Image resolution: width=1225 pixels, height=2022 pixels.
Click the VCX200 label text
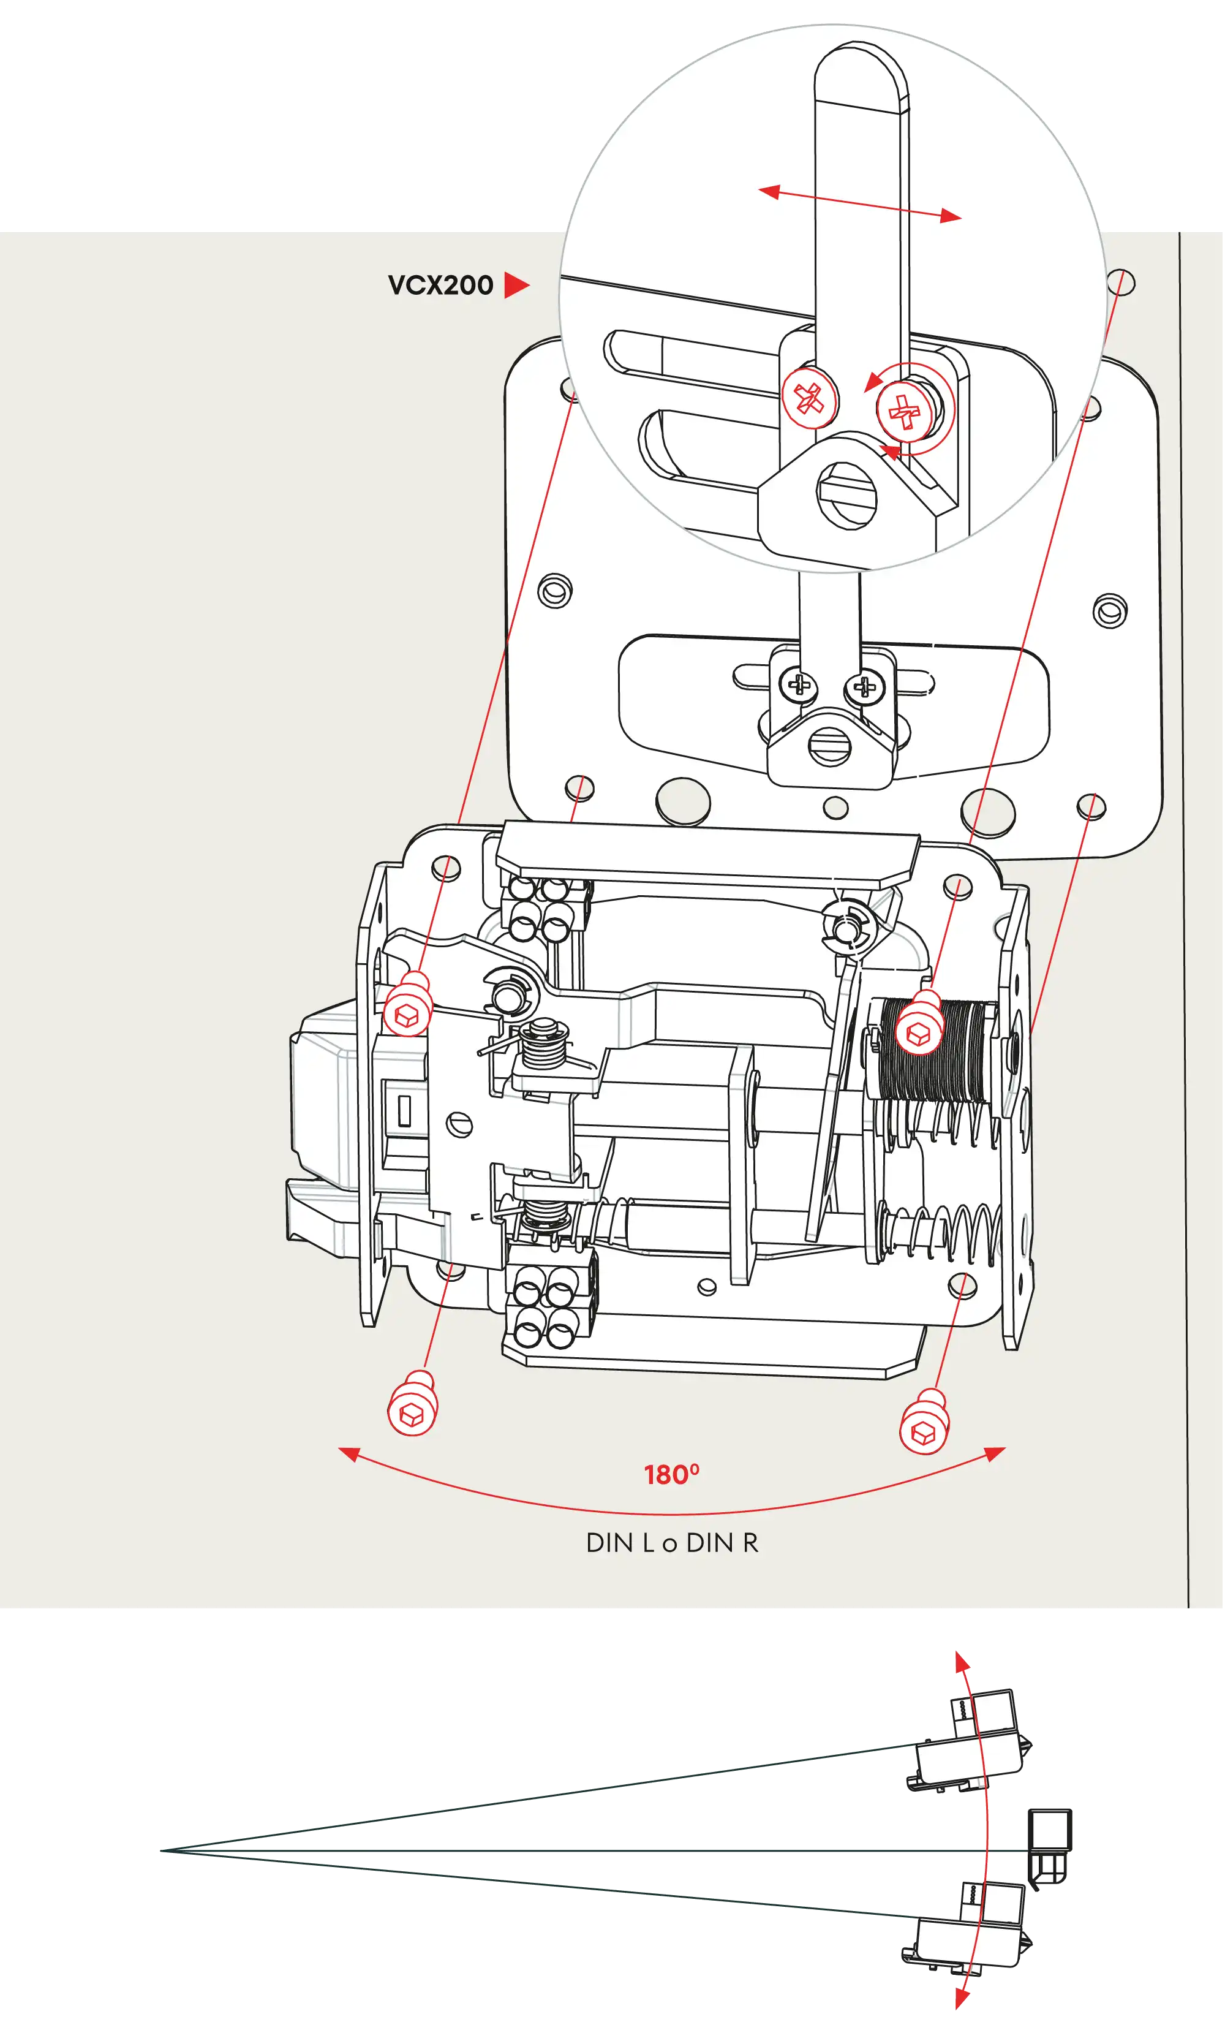pos(440,285)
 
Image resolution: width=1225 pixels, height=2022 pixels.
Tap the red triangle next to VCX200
pos(515,285)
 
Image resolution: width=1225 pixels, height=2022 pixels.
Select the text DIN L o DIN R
pos(672,1543)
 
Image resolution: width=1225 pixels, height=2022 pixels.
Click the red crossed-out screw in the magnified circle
pos(809,399)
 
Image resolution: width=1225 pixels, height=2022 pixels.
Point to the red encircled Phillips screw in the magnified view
pos(906,409)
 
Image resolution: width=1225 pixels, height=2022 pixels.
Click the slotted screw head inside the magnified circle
pos(846,493)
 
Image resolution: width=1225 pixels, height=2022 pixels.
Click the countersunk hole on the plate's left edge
pos(555,590)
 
